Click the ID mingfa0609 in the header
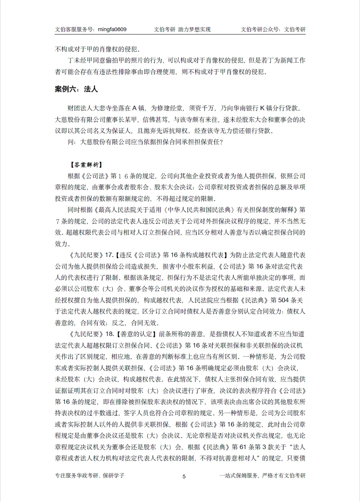coord(112,30)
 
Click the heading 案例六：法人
coord(76,89)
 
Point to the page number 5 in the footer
coord(184,476)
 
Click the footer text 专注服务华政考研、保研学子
coord(89,476)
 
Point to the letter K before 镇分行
coord(262,108)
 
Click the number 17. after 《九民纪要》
coord(109,255)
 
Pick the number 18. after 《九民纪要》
coord(109,334)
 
